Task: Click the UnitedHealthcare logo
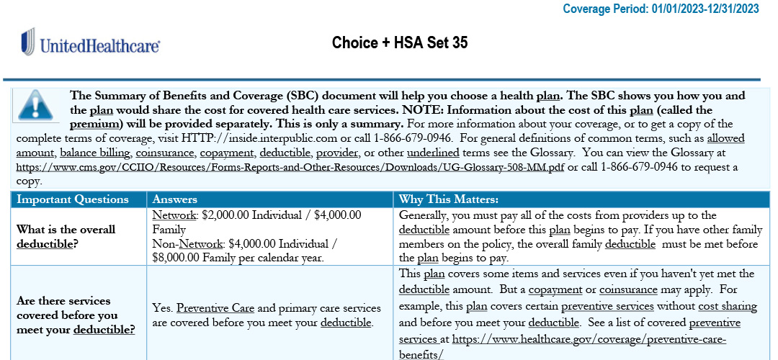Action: click(x=90, y=44)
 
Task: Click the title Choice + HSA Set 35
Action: click(x=400, y=43)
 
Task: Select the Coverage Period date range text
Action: click(x=705, y=9)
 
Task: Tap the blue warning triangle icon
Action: click(x=39, y=104)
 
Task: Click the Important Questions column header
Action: click(x=73, y=199)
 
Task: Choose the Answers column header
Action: click(x=175, y=199)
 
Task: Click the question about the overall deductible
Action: click(x=66, y=236)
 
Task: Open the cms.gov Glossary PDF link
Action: click(x=291, y=167)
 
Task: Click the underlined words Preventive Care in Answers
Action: click(x=215, y=308)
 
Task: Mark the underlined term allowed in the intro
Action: click(x=725, y=138)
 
